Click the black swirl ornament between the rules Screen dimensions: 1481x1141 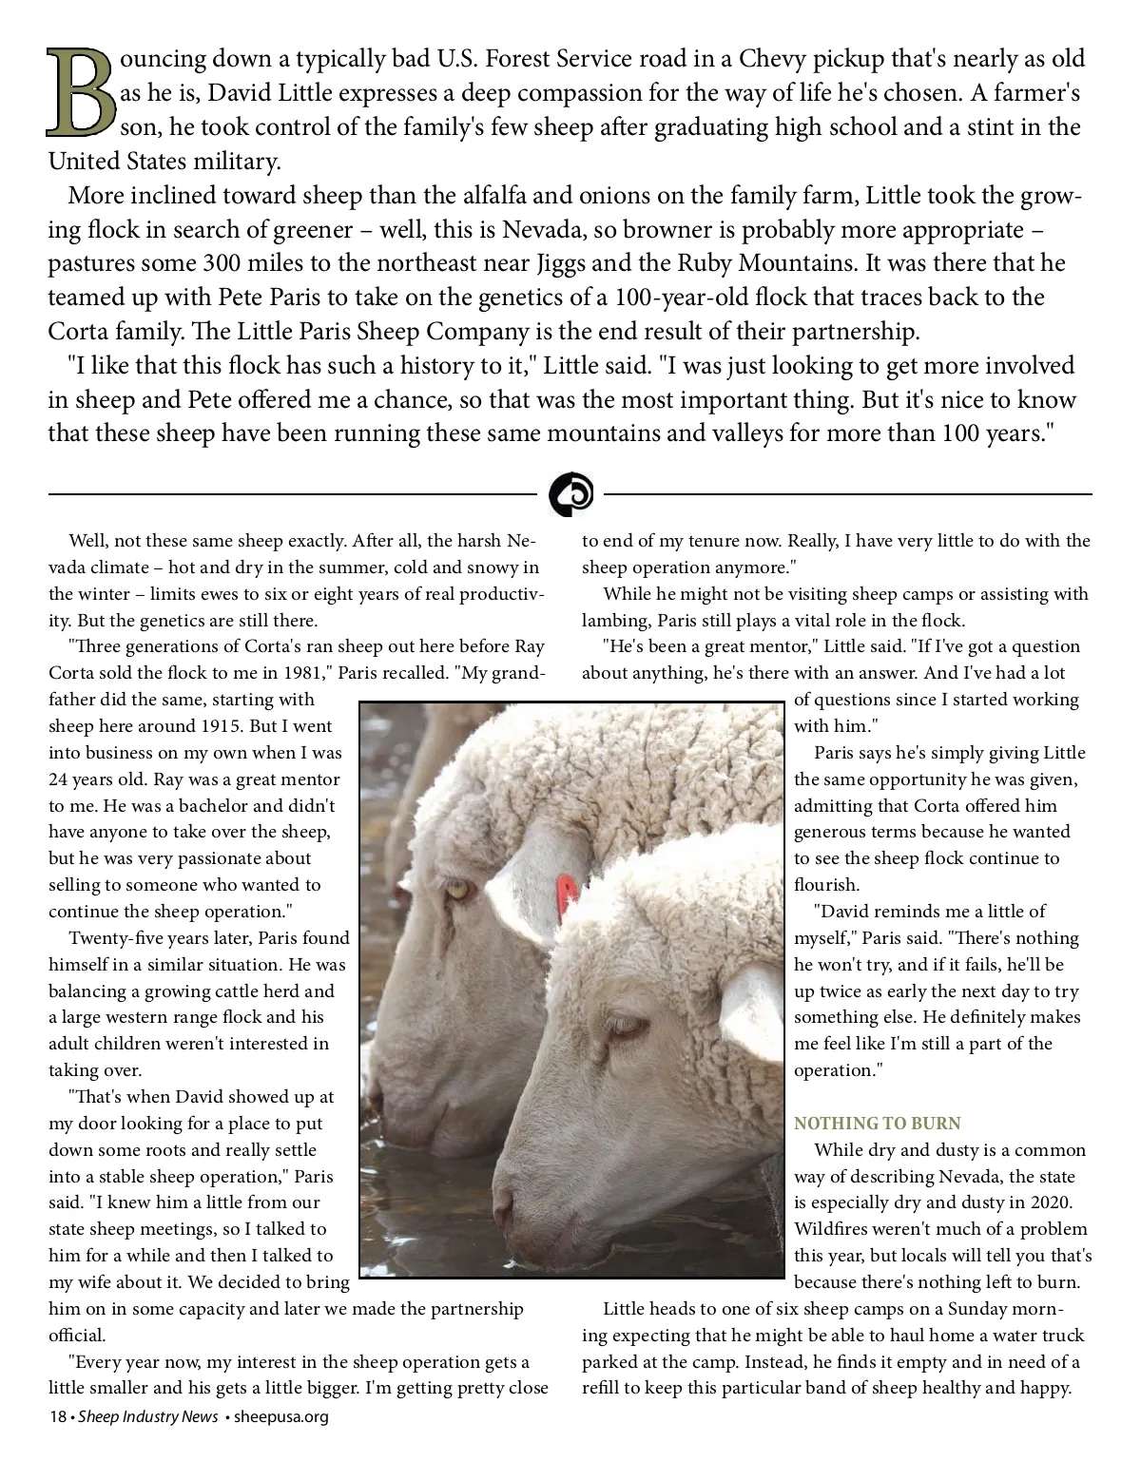coord(570,494)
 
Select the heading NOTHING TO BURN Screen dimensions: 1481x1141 coord(878,1124)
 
